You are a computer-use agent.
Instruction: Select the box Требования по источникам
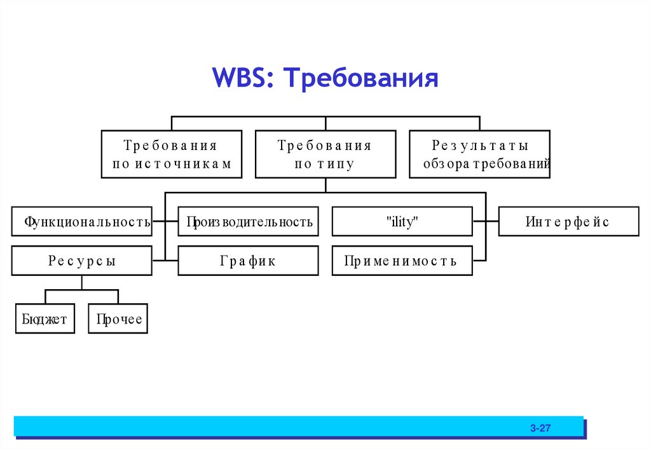click(x=171, y=154)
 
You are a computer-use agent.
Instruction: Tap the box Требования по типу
click(x=325, y=154)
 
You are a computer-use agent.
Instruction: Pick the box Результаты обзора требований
click(x=479, y=154)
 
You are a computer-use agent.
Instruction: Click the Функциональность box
click(x=81, y=221)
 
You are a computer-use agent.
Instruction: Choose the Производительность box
click(x=248, y=221)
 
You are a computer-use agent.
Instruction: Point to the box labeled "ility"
click(x=402, y=221)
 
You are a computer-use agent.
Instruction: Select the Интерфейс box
click(x=568, y=221)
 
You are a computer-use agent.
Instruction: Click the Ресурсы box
click(x=81, y=261)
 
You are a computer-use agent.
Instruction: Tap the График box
click(x=248, y=261)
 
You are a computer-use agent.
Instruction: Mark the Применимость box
click(x=402, y=261)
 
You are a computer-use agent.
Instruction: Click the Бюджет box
click(x=45, y=319)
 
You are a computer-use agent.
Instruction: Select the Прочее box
click(x=118, y=319)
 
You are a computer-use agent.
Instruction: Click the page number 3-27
click(x=540, y=429)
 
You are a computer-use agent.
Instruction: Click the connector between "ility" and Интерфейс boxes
click(x=486, y=221)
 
